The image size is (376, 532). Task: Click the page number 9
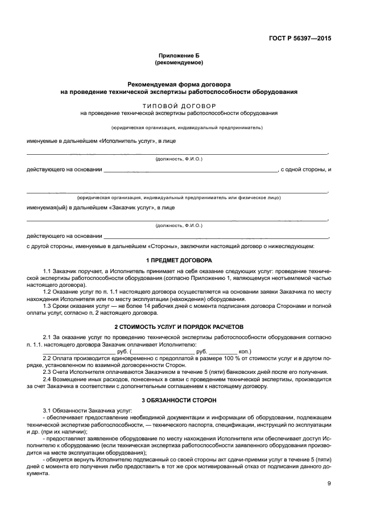click(329, 484)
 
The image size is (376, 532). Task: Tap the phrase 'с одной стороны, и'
click(305, 170)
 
